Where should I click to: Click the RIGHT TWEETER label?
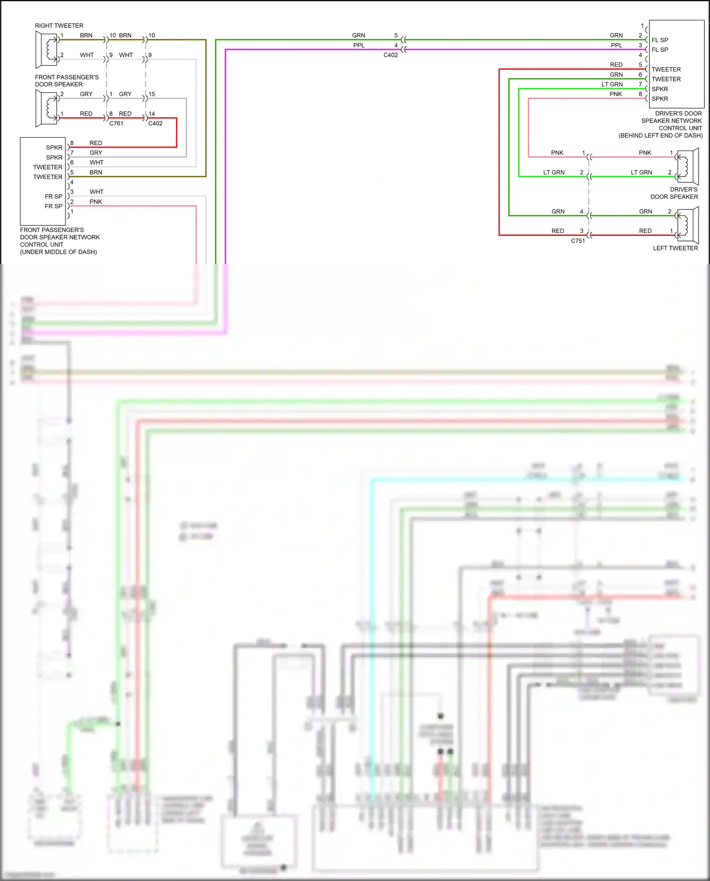[59, 26]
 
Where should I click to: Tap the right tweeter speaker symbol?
[46, 49]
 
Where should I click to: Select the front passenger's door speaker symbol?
[46, 108]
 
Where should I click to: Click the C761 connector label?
[116, 124]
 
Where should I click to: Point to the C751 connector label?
[577, 241]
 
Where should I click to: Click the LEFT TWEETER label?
[675, 248]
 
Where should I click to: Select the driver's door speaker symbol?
[688, 167]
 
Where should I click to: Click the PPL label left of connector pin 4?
[359, 45]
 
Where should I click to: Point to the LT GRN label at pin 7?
[612, 84]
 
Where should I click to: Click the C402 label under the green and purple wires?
[390, 55]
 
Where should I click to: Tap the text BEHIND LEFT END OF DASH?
[660, 135]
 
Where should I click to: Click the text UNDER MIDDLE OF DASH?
[58, 252]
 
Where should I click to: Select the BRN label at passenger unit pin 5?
[96, 172]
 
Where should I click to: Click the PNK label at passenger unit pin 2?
[96, 202]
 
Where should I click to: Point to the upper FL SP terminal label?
[659, 40]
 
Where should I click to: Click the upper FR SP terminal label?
[53, 196]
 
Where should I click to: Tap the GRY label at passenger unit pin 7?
[96, 153]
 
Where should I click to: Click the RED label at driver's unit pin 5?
[616, 65]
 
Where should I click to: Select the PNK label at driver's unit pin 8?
[615, 94]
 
